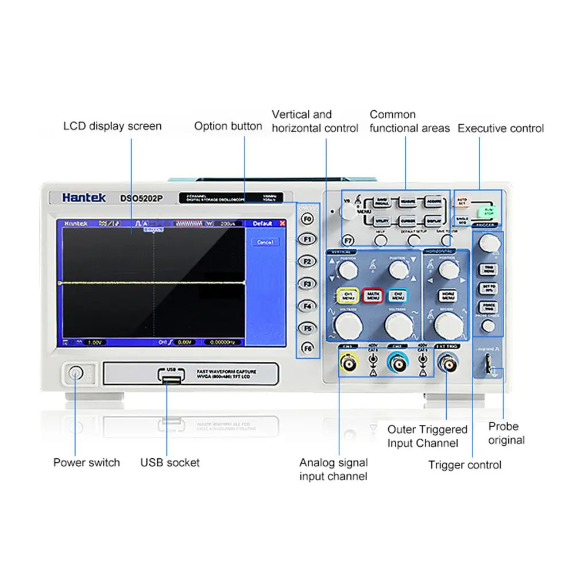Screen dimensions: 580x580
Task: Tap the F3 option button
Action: tap(308, 284)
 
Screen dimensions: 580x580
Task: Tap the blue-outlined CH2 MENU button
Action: tap(397, 296)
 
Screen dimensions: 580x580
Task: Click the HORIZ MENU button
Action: tap(448, 296)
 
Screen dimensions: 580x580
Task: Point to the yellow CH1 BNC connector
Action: tap(348, 363)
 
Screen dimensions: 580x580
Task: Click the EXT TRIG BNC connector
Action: tap(447, 363)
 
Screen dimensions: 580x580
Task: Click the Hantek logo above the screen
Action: tap(84, 198)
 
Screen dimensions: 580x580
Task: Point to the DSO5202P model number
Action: tap(141, 199)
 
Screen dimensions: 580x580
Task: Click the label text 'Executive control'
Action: tap(501, 128)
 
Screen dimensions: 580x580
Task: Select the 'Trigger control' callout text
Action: tap(465, 465)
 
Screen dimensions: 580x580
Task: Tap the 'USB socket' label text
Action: tap(170, 462)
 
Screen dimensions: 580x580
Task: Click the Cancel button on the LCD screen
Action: tap(265, 242)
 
